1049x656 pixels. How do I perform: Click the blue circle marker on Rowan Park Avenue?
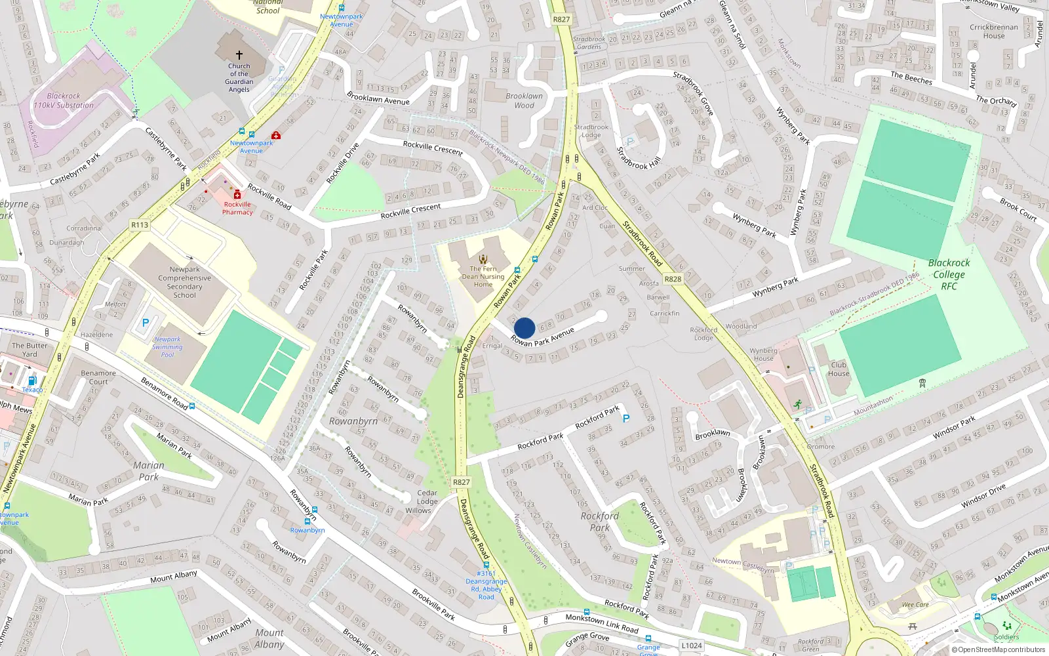pyautogui.click(x=524, y=328)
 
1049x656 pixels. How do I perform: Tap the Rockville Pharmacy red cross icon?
pyautogui.click(x=237, y=195)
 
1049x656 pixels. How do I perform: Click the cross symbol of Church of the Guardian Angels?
pyautogui.click(x=239, y=55)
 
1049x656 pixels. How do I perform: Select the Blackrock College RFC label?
pyautogui.click(x=949, y=274)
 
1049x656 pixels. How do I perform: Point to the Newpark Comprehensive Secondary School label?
pyautogui.click(x=185, y=282)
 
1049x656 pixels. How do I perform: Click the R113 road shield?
pyautogui.click(x=140, y=225)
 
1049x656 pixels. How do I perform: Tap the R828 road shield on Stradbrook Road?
pyautogui.click(x=673, y=279)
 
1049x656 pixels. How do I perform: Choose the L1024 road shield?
pyautogui.click(x=692, y=646)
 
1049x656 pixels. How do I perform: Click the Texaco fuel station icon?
pyautogui.click(x=31, y=380)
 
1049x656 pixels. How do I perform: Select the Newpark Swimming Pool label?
pyautogui.click(x=168, y=347)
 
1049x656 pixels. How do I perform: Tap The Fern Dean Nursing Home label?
pyautogui.click(x=483, y=276)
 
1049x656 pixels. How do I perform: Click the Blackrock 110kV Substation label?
pyautogui.click(x=64, y=100)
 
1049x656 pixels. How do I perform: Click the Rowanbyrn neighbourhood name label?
pyautogui.click(x=353, y=421)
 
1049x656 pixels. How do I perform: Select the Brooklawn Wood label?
pyautogui.click(x=524, y=100)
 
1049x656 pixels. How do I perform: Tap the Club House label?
pyautogui.click(x=839, y=369)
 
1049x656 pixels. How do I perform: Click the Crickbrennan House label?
pyautogui.click(x=994, y=31)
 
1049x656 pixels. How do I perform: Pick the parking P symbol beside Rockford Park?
pyautogui.click(x=626, y=419)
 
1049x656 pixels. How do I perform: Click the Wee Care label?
pyautogui.click(x=915, y=605)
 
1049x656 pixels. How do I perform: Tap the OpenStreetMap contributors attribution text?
pyautogui.click(x=998, y=649)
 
